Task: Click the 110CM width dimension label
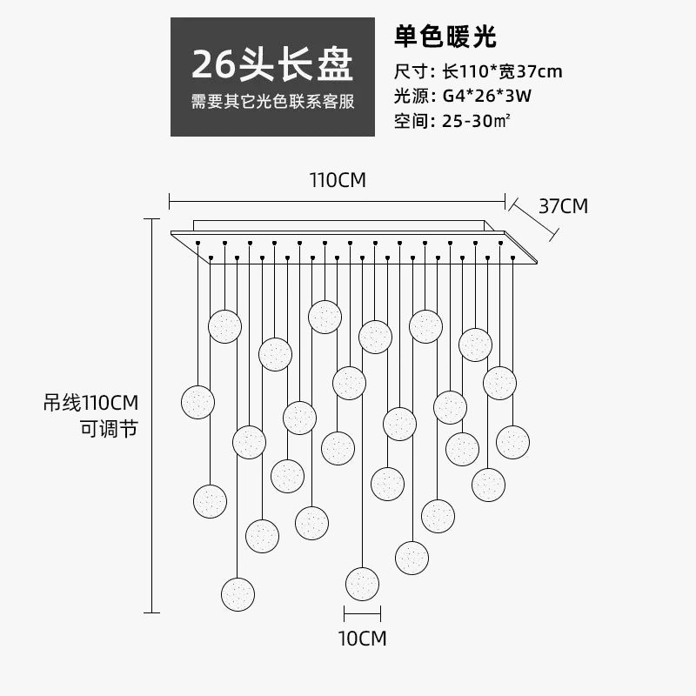coord(338,181)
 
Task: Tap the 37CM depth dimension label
coord(563,206)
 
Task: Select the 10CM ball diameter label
coord(362,638)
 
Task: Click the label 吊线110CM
coord(91,403)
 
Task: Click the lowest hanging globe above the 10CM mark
coord(362,583)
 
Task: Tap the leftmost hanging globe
coord(197,402)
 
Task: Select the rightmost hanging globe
coord(512,442)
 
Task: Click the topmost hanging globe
coord(325,317)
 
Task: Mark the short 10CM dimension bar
coord(362,612)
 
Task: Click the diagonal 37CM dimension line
coord(532,217)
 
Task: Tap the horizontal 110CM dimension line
coord(337,199)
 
